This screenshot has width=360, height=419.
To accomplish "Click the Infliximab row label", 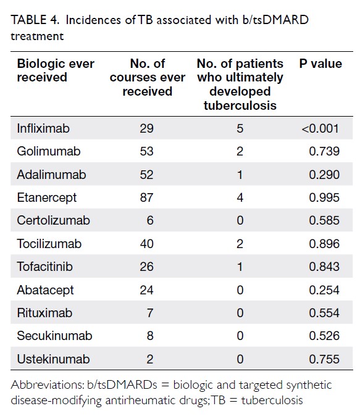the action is [x=43, y=128].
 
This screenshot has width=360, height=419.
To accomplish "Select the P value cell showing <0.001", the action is [x=320, y=128].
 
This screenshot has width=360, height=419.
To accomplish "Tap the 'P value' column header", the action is [x=320, y=64].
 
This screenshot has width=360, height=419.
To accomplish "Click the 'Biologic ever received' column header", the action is [x=56, y=70].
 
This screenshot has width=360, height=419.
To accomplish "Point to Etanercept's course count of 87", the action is [x=146, y=197].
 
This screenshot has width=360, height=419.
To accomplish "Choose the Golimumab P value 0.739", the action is [x=324, y=151].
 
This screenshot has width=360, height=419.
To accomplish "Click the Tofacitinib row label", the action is [x=44, y=267].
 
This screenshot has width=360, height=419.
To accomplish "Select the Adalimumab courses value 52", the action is [x=146, y=175].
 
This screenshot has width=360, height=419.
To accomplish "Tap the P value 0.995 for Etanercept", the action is [x=324, y=197].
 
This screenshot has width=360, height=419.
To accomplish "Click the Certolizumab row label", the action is [x=53, y=220].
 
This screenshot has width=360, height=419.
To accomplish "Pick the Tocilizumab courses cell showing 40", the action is [x=146, y=244].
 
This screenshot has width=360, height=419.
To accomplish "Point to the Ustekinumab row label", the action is [x=53, y=359].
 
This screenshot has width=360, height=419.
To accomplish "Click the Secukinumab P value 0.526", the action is [x=324, y=336].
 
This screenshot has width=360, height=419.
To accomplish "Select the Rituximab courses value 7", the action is [x=150, y=313].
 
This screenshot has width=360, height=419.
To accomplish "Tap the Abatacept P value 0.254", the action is [x=324, y=290].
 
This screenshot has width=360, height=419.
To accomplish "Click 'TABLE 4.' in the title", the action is [x=35, y=20].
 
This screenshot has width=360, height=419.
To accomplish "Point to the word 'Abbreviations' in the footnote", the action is [x=48, y=385].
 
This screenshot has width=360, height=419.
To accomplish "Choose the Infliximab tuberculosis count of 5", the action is [x=240, y=128].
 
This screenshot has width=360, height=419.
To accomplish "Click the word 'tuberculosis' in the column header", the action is [x=240, y=106].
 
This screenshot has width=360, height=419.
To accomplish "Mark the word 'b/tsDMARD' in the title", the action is [x=275, y=20].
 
